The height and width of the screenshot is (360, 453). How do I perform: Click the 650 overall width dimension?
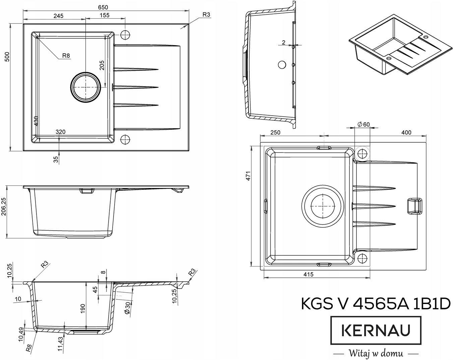(103, 7)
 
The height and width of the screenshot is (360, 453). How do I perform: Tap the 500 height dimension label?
(7, 57)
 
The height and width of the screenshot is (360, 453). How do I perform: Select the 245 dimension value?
(58, 16)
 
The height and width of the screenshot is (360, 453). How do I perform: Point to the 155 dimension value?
(105, 15)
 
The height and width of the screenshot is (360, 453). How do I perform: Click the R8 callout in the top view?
(66, 56)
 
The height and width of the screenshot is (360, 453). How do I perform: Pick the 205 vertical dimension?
(102, 65)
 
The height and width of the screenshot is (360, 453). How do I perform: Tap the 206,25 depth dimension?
(4, 206)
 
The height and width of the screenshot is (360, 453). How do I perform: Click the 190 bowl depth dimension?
(83, 308)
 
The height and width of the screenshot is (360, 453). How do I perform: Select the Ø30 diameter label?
(127, 308)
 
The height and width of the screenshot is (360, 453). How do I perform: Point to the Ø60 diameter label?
(364, 124)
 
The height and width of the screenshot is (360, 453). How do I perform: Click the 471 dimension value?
(248, 176)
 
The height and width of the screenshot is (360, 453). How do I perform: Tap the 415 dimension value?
(308, 274)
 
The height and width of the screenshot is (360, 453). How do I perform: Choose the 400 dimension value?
(406, 132)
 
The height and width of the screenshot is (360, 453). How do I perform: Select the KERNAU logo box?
(376, 330)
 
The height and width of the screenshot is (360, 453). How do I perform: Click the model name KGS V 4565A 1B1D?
(376, 304)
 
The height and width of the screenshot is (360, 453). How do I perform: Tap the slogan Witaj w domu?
(376, 353)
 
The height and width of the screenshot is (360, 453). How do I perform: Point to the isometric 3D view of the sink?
(400, 45)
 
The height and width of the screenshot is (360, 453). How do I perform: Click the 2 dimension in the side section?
(283, 42)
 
